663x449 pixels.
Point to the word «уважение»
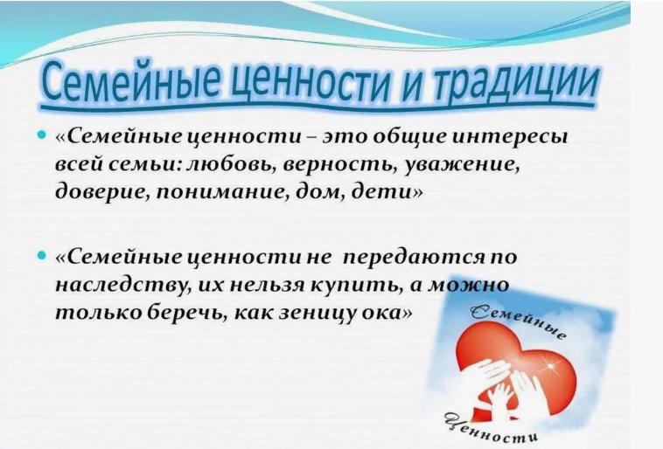pos(463,166)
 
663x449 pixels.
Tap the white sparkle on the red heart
pos(551,363)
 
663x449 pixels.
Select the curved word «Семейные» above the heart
pos(519,322)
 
